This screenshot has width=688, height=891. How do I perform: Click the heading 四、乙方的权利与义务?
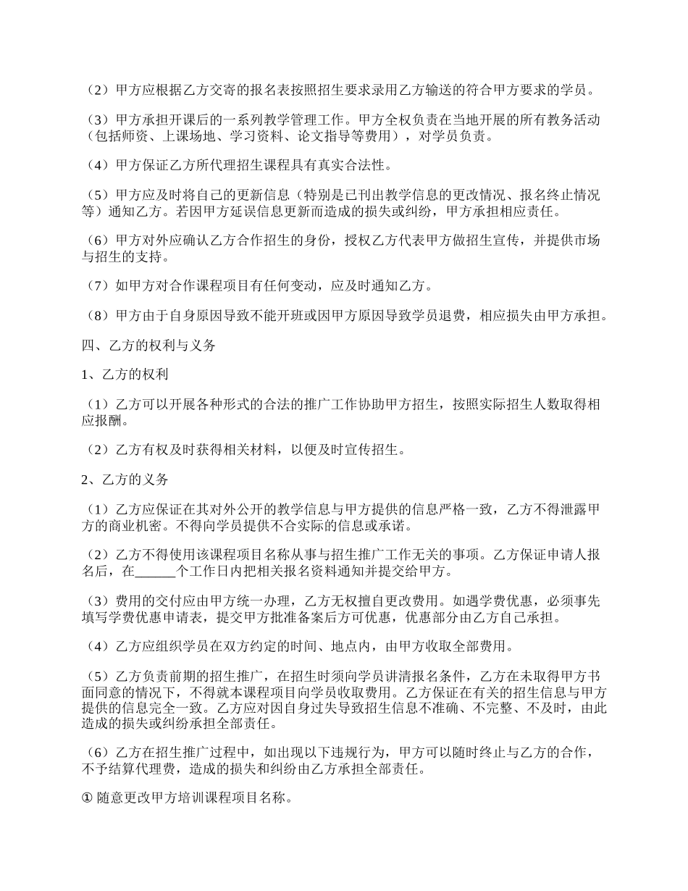[148, 346]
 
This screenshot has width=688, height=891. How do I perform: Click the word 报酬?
[112, 420]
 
